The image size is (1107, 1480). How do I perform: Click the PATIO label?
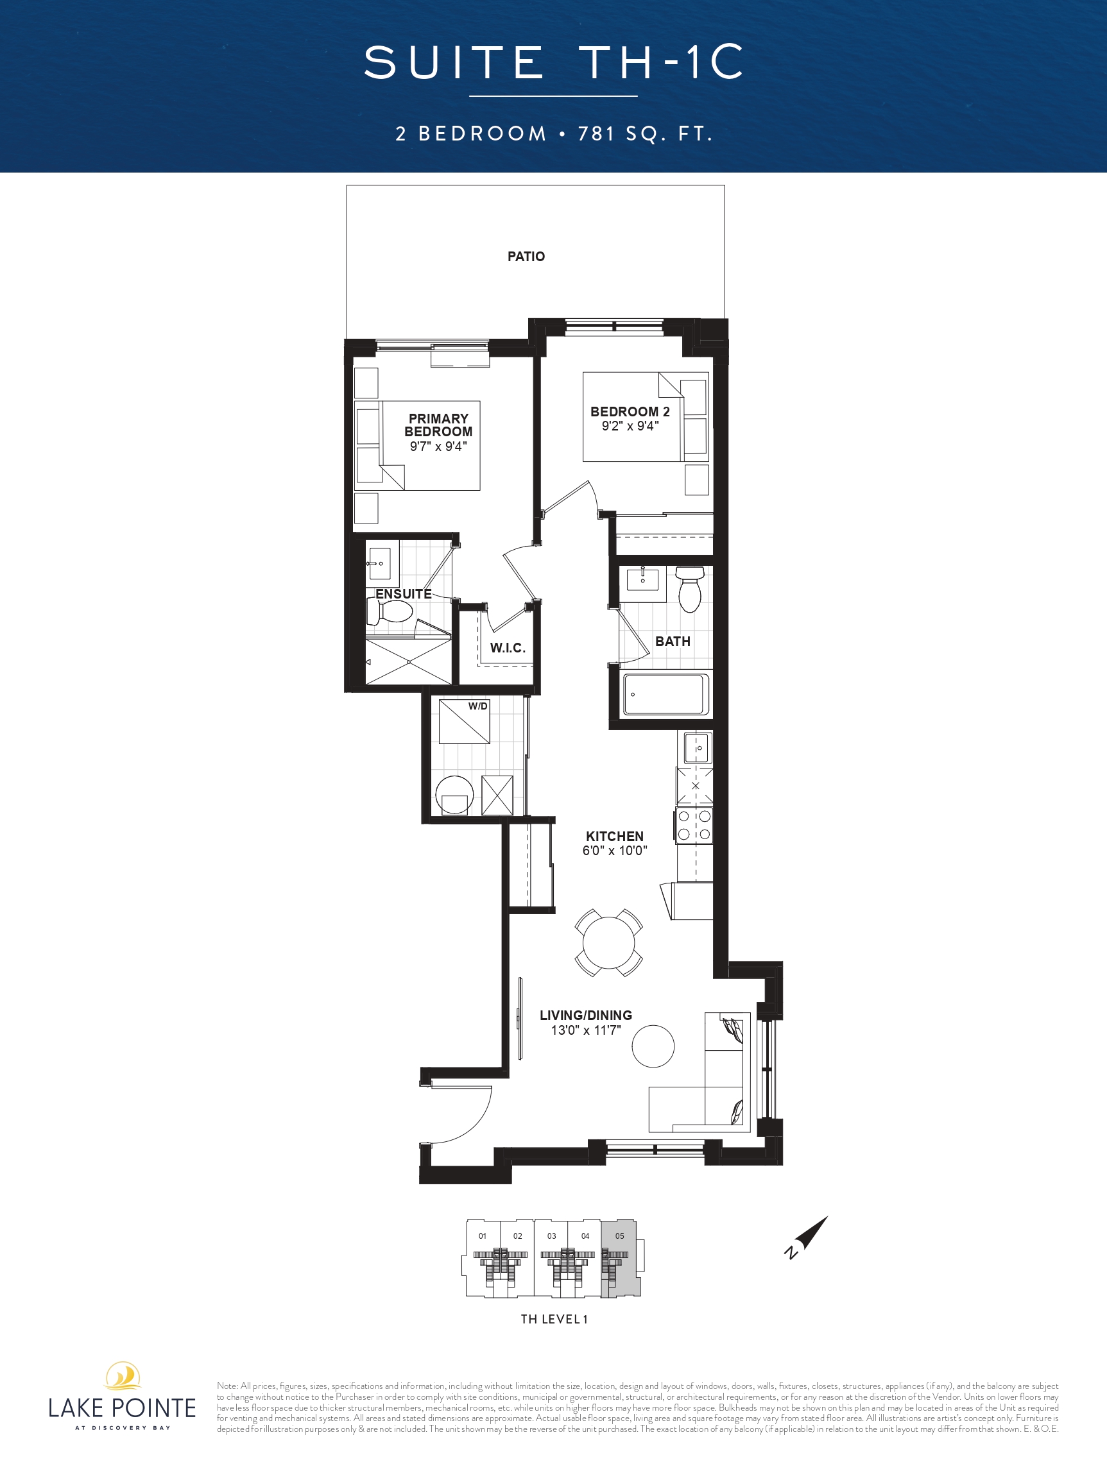(526, 256)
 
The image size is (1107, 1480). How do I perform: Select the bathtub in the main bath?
(664, 695)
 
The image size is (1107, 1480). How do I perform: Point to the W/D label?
(478, 706)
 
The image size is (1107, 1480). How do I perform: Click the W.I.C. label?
(508, 648)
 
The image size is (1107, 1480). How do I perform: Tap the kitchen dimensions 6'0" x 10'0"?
(614, 851)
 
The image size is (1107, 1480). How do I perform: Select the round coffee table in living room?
(653, 1046)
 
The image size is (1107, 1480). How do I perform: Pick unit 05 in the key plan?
(621, 1258)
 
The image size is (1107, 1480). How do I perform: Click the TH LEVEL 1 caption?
(554, 1319)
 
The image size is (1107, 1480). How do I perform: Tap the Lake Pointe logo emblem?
(123, 1376)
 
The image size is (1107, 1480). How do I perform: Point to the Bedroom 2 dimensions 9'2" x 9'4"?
(630, 426)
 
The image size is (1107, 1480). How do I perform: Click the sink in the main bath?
(642, 579)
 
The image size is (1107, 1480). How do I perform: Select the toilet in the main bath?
(690, 590)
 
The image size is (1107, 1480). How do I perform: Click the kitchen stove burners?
(694, 825)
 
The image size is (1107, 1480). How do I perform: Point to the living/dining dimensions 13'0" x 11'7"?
(586, 1030)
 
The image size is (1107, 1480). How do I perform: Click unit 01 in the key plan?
(483, 1258)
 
